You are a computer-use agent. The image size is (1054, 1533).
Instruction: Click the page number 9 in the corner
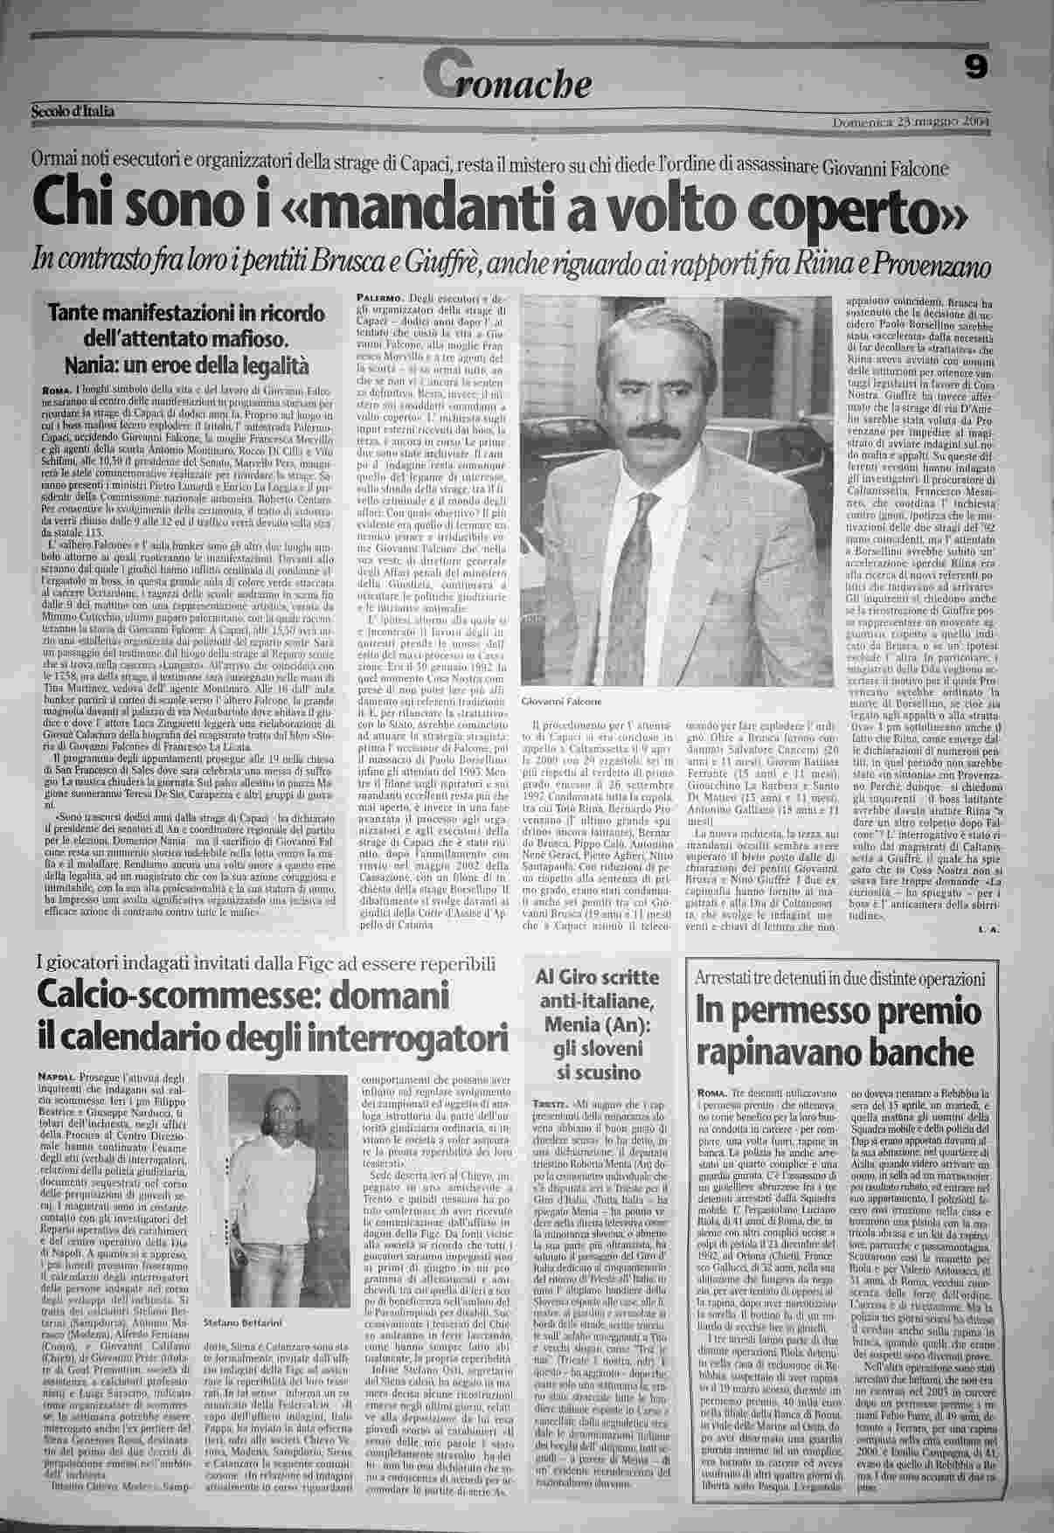coord(976,66)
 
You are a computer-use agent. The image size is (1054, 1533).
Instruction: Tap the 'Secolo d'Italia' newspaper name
coord(73,111)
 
